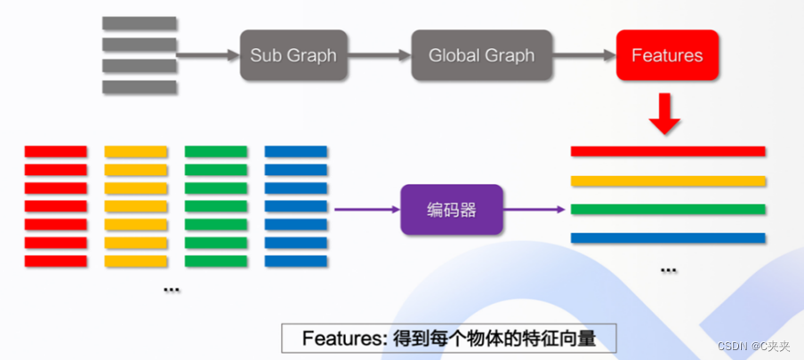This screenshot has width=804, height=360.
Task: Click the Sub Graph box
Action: point(293,55)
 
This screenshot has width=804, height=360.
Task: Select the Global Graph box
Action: point(481,55)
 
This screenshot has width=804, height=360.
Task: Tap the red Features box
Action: point(666,55)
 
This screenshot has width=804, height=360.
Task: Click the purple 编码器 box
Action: point(452,210)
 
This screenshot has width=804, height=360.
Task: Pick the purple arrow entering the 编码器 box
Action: point(366,210)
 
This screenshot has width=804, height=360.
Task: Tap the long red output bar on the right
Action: point(668,151)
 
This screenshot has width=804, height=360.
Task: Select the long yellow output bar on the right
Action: point(668,180)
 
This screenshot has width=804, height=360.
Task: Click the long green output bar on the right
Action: point(668,210)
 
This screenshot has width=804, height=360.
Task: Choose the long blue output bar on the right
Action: point(668,237)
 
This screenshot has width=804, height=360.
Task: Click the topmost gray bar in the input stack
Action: point(139,23)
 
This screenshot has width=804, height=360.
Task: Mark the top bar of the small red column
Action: point(55,151)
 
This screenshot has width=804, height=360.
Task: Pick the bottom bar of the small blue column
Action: point(296,260)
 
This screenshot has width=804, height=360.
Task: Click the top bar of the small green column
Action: point(216,151)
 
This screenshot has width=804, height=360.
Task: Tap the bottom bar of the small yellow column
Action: point(136,260)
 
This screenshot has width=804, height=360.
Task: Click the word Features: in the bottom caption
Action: point(341,339)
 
